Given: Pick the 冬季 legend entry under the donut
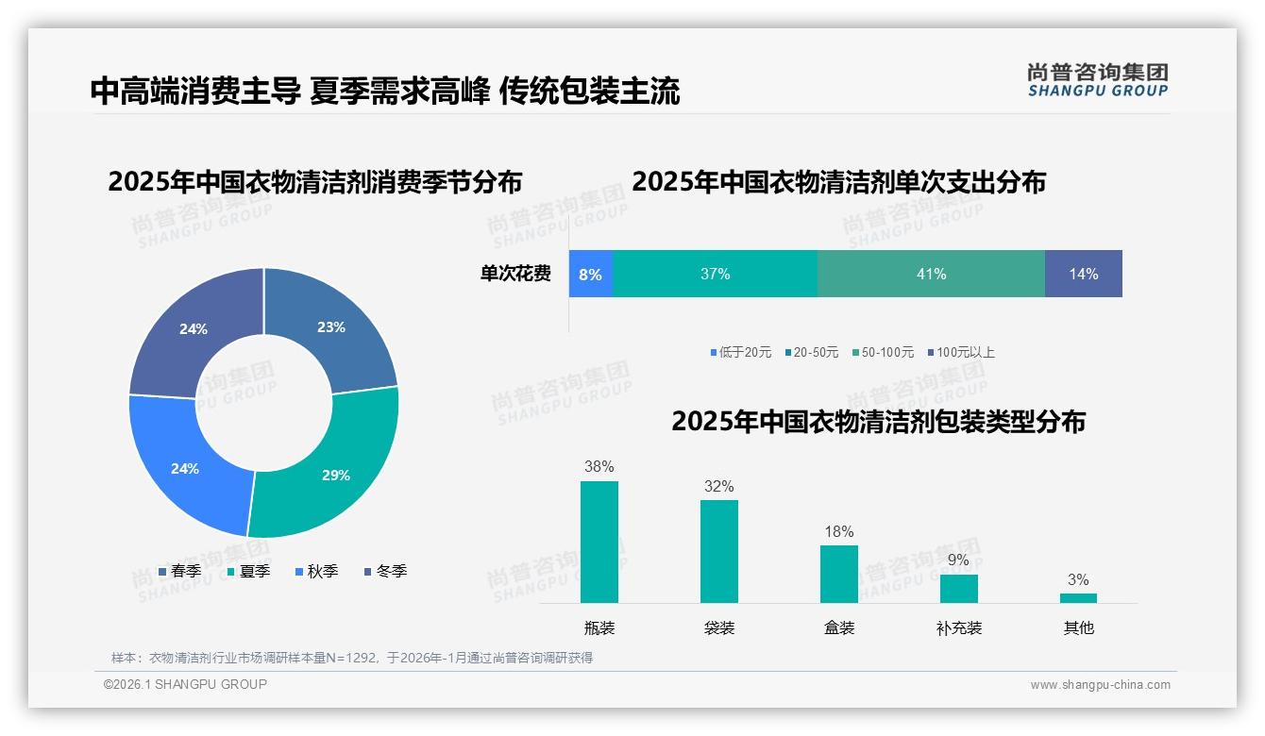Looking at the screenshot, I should click(x=385, y=572).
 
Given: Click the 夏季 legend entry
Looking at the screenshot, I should click(x=248, y=572).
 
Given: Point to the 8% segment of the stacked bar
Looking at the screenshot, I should click(x=590, y=275).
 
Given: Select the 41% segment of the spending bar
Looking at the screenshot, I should click(x=931, y=275).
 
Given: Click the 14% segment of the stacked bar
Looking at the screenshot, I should click(x=1084, y=275).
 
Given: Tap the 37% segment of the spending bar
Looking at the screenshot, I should click(x=715, y=275).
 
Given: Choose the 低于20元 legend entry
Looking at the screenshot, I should click(x=741, y=353).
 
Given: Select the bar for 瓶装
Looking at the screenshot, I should click(x=599, y=542).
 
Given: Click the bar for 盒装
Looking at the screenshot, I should click(x=838, y=574).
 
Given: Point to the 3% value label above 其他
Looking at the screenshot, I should click(x=1078, y=580).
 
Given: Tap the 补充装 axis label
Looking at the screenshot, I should click(x=958, y=628).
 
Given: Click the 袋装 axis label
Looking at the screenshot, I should click(x=718, y=628).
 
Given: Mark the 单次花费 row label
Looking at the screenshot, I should click(x=515, y=275).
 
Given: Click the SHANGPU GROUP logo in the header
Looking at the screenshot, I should click(x=1097, y=80).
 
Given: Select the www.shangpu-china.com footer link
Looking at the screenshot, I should click(x=1100, y=685).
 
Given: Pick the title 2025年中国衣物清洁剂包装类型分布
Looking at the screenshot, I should click(x=878, y=422).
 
